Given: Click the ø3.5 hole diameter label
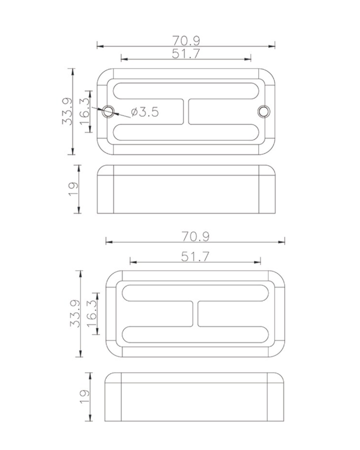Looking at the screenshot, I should pyautogui.click(x=145, y=112).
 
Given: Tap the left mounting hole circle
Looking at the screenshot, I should pyautogui.click(x=109, y=111).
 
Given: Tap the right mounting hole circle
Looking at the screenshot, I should pyautogui.click(x=264, y=111).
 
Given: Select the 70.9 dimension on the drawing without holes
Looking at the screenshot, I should pyautogui.click(x=195, y=237).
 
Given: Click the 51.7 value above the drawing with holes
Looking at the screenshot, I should pyautogui.click(x=186, y=53).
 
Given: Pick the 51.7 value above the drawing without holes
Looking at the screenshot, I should pyautogui.click(x=195, y=256).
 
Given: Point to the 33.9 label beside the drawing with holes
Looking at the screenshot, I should pyautogui.click(x=67, y=111).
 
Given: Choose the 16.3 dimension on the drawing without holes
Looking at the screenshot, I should pyautogui.click(x=92, y=313).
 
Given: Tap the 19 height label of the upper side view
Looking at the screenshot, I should pyautogui.click(x=73, y=189).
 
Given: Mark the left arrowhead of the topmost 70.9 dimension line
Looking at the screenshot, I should pyautogui.click(x=99, y=46).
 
